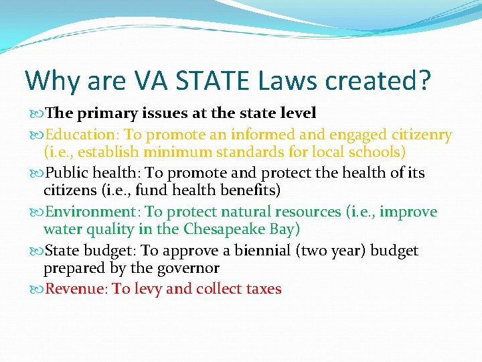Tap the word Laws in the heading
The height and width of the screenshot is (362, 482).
click(289, 80)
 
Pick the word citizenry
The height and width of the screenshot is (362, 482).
click(417, 135)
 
